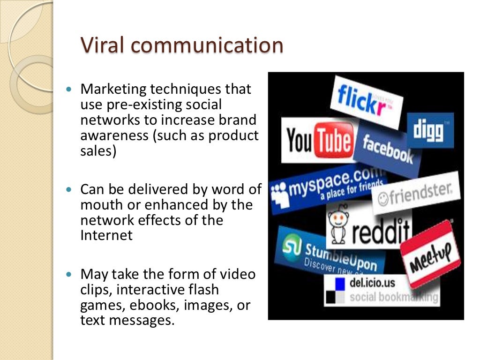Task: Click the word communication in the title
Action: tap(207, 45)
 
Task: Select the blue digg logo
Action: tap(430, 130)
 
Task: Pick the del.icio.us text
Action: tap(372, 283)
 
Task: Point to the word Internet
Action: tap(106, 235)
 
